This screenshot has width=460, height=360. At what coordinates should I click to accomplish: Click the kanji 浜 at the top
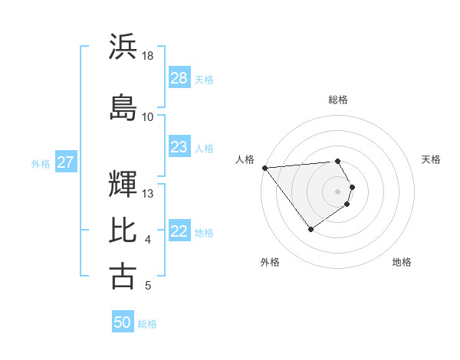(123, 47)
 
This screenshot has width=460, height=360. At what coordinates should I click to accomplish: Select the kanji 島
(123, 106)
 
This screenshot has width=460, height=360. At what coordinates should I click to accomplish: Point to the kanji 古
(123, 276)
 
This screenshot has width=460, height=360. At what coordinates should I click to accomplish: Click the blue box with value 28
(179, 78)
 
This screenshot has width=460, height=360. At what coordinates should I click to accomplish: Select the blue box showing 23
(179, 147)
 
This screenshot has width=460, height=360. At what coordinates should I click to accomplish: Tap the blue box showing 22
(179, 232)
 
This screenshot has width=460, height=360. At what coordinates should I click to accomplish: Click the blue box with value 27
(66, 162)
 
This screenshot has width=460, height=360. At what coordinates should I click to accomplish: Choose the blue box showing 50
(123, 322)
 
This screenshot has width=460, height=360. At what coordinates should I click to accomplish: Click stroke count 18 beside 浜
(148, 56)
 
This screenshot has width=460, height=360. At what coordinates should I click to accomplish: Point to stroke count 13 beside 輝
(148, 193)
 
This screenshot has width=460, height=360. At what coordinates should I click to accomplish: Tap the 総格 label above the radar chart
(337, 100)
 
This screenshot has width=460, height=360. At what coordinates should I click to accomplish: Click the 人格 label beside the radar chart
(245, 159)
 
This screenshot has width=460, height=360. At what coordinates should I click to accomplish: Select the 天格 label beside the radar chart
(431, 159)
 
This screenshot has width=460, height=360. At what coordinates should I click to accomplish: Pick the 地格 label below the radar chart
(402, 262)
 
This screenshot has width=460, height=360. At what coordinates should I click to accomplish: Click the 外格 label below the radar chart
(270, 262)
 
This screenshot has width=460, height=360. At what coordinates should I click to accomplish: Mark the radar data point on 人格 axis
(264, 168)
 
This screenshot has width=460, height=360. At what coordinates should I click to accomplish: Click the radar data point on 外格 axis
(310, 229)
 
